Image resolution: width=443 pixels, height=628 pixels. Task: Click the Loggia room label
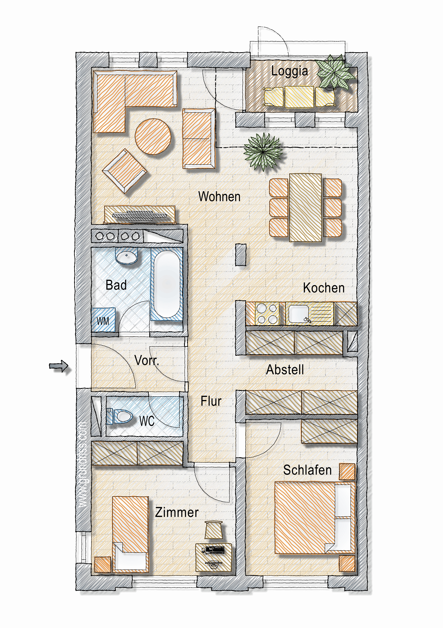point(289,72)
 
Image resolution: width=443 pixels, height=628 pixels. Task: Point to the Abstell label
point(285,370)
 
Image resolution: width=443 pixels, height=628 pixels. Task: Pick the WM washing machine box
point(103,320)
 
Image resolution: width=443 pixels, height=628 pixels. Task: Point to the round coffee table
point(153,136)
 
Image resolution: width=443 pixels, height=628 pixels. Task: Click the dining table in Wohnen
point(305,208)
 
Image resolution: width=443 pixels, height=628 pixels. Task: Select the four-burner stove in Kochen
point(266,314)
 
